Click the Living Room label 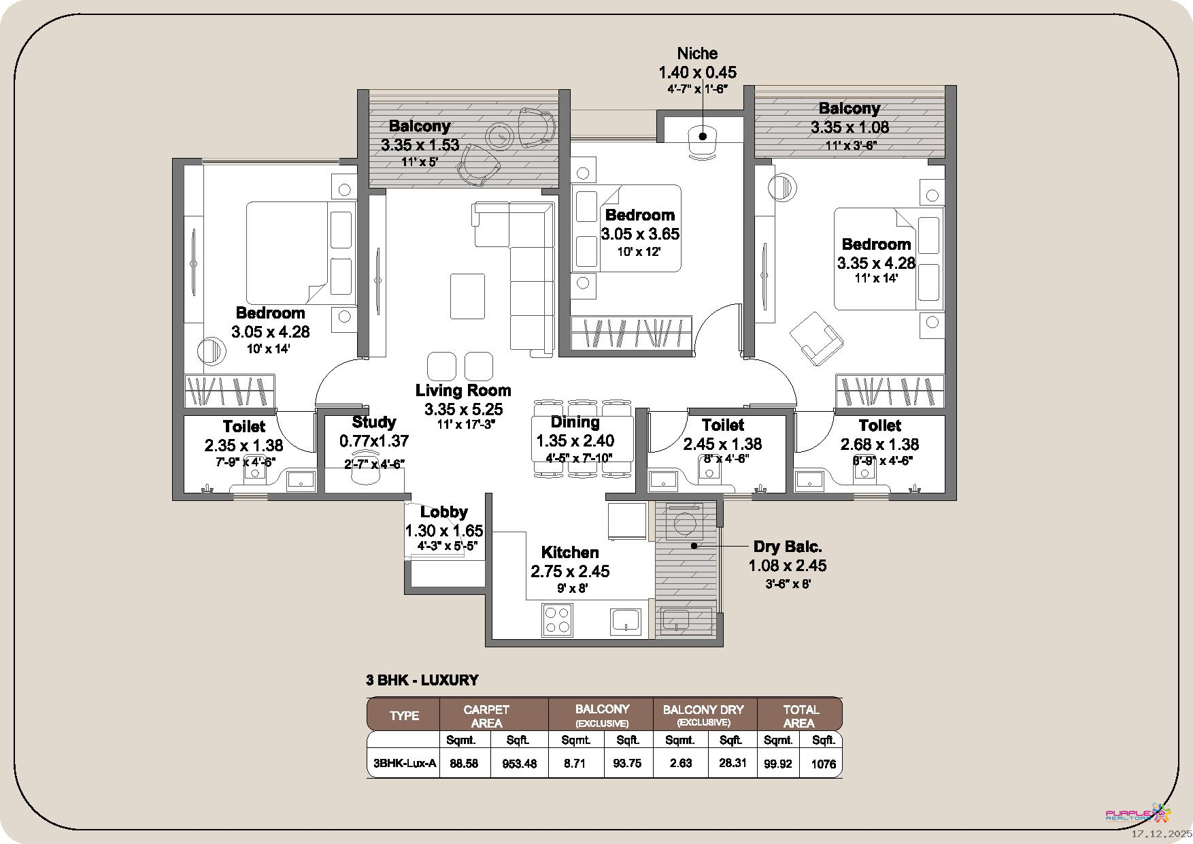click(463, 391)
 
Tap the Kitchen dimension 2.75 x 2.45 click(570, 571)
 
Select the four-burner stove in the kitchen click(557, 620)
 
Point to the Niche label click(697, 53)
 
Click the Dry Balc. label click(788, 547)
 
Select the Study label click(374, 423)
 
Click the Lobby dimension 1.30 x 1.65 click(444, 531)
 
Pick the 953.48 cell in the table click(519, 764)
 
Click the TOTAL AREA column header click(800, 715)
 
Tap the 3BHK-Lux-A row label click(404, 763)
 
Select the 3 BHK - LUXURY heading click(422, 680)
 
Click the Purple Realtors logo click(1138, 813)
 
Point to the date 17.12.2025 click(1162, 833)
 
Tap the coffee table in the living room click(467, 295)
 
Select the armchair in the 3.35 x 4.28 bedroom click(816, 338)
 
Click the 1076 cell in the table click(823, 764)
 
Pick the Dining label click(575, 422)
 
